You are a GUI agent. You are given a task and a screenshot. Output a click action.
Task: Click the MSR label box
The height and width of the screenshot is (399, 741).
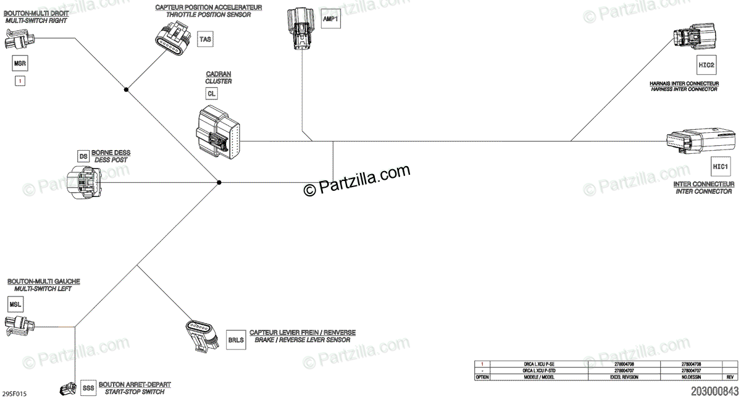click(x=20, y=63)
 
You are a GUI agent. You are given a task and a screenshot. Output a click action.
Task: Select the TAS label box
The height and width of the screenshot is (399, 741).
click(x=205, y=40)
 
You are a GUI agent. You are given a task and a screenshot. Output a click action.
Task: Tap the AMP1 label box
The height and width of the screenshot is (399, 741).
click(x=331, y=19)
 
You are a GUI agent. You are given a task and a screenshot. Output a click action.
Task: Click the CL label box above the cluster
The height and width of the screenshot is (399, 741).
click(x=212, y=93)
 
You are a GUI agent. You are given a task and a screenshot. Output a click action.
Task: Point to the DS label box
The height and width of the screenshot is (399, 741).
click(x=83, y=156)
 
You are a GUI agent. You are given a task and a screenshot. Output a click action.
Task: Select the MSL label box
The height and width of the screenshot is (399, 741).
click(x=16, y=304)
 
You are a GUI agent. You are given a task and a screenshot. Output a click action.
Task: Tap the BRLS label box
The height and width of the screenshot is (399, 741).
click(x=236, y=340)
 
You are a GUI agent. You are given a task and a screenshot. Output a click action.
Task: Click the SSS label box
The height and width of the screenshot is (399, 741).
click(x=88, y=388)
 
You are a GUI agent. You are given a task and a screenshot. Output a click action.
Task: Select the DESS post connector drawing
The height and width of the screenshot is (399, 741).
click(x=85, y=182)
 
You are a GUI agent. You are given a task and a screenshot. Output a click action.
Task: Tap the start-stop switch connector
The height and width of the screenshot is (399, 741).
click(x=66, y=389)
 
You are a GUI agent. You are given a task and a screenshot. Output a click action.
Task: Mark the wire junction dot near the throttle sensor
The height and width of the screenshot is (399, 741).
click(x=126, y=90)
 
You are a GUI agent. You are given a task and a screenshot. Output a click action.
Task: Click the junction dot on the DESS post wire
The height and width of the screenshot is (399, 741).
click(x=219, y=182)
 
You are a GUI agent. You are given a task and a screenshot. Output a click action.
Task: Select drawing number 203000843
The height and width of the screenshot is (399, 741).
click(x=714, y=391)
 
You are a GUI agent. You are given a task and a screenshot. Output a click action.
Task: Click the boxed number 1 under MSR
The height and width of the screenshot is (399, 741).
click(x=20, y=81)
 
